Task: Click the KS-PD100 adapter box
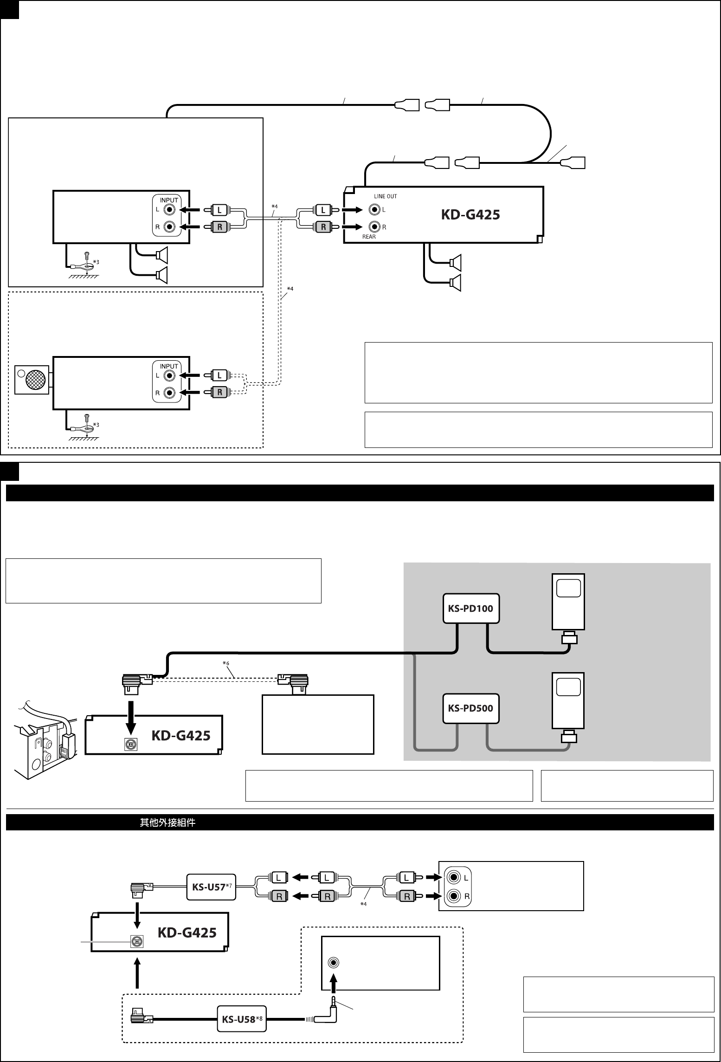pos(470,608)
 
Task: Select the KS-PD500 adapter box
pos(470,708)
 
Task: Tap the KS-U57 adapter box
pos(211,887)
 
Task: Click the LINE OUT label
pos(385,196)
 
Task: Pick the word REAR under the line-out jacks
pos(369,237)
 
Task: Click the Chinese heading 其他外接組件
pos(167,822)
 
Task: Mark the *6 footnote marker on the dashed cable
pos(225,664)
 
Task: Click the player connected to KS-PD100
pos(568,602)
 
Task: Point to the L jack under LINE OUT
pos(374,210)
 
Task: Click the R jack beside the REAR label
pos(374,227)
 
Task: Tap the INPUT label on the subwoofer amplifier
pos(169,366)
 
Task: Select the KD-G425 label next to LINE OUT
pos(470,215)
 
